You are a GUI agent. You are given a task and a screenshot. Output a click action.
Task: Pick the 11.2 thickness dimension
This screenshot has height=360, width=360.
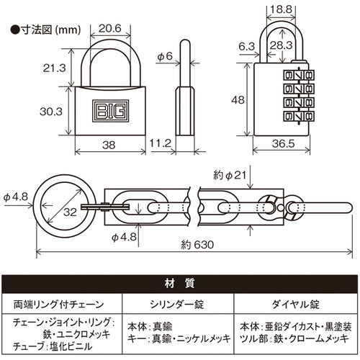[160, 143]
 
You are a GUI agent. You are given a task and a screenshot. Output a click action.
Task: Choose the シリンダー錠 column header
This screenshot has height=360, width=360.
[179, 303]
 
